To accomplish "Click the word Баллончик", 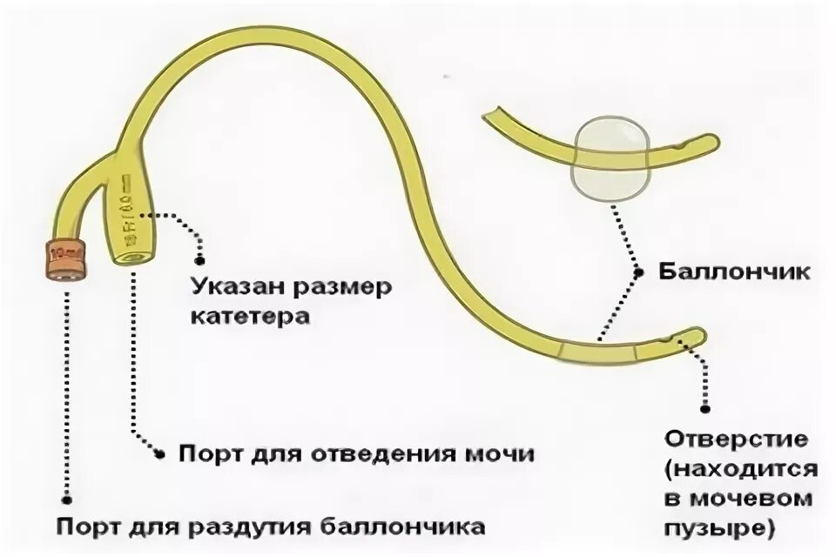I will click(x=734, y=272).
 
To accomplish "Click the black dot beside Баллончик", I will click(x=638, y=272).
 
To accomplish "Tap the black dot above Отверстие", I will click(x=706, y=406).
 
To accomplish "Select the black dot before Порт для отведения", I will click(x=159, y=453).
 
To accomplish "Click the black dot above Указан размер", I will click(x=199, y=258).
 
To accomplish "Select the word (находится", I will click(x=738, y=469).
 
